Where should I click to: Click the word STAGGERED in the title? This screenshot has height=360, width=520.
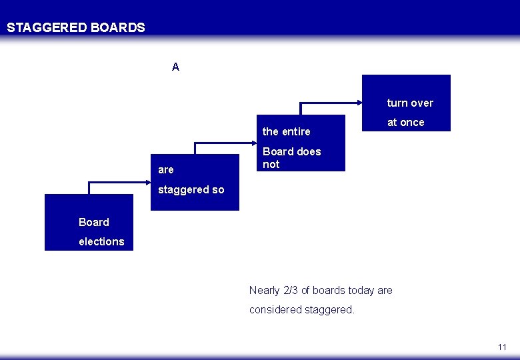(47, 28)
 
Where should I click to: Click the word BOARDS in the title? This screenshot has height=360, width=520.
(117, 28)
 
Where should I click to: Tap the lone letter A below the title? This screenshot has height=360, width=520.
(175, 67)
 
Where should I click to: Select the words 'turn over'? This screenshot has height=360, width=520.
(410, 103)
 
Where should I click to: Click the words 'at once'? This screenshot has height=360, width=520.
(405, 122)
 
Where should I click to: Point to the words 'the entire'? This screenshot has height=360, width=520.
(286, 131)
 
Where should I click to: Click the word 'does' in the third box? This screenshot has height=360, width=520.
(309, 151)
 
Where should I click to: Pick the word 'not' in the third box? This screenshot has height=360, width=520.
(271, 164)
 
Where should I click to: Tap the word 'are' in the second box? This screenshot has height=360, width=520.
(165, 170)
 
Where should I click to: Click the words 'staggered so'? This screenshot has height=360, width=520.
(191, 189)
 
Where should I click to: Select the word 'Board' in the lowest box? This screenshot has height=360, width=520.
(93, 222)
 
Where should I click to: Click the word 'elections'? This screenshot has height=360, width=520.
(101, 241)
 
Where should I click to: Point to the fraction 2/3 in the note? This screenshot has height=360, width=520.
(291, 290)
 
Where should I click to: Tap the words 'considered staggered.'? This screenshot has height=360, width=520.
(301, 309)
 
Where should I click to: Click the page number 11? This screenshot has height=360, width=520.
(502, 347)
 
